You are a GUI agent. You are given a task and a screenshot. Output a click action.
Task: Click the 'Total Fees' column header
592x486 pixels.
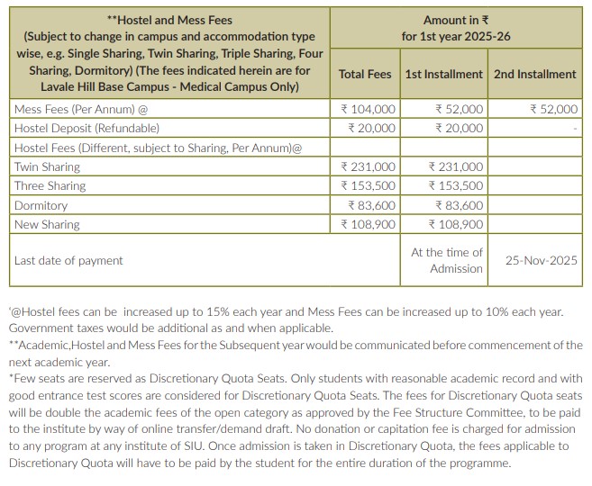pyautogui.click(x=365, y=75)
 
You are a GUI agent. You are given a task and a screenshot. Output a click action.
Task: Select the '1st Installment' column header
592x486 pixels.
pyautogui.click(x=443, y=75)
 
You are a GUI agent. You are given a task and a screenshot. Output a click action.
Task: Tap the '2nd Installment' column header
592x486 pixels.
pyautogui.click(x=534, y=75)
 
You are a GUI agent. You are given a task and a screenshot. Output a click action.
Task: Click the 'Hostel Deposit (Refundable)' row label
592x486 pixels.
pyautogui.click(x=75, y=128)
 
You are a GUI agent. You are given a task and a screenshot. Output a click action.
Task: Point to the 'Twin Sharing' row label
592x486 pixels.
pyautogui.click(x=47, y=166)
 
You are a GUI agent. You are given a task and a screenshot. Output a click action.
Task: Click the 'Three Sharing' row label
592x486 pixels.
pyautogui.click(x=50, y=185)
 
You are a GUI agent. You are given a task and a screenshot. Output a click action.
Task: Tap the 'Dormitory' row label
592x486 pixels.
pyautogui.click(x=41, y=205)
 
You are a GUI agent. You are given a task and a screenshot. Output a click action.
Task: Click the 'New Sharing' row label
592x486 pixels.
pyautogui.click(x=47, y=224)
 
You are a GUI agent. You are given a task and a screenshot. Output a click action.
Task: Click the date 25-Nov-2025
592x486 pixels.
pyautogui.click(x=541, y=261)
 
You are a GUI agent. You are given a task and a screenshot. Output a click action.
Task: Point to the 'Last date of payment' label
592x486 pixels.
pyautogui.click(x=68, y=261)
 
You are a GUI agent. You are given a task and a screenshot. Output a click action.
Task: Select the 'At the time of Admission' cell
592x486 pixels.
pyautogui.click(x=447, y=260)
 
